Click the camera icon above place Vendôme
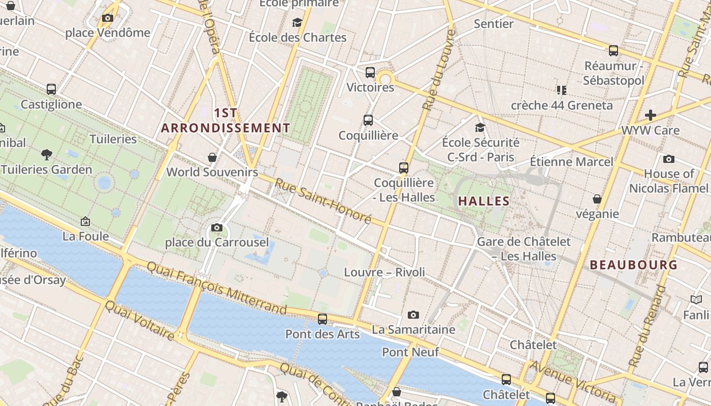click(107, 18)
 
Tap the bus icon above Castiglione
click(51, 89)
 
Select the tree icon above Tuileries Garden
click(47, 154)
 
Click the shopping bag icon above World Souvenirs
click(212, 157)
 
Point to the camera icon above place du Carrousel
click(217, 227)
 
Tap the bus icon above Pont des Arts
click(322, 319)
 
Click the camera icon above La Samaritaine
click(413, 315)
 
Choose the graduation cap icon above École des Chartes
click(297, 22)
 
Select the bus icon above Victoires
click(370, 72)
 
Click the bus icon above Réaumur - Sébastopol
click(613, 51)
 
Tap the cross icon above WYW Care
click(650, 115)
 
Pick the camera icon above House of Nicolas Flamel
click(669, 159)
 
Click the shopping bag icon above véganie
click(597, 199)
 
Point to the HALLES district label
click(483, 201)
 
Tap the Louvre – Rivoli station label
click(384, 272)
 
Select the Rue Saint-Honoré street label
click(323, 201)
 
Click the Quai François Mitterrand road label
click(217, 288)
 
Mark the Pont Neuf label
click(410, 352)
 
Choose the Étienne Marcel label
click(571, 162)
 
